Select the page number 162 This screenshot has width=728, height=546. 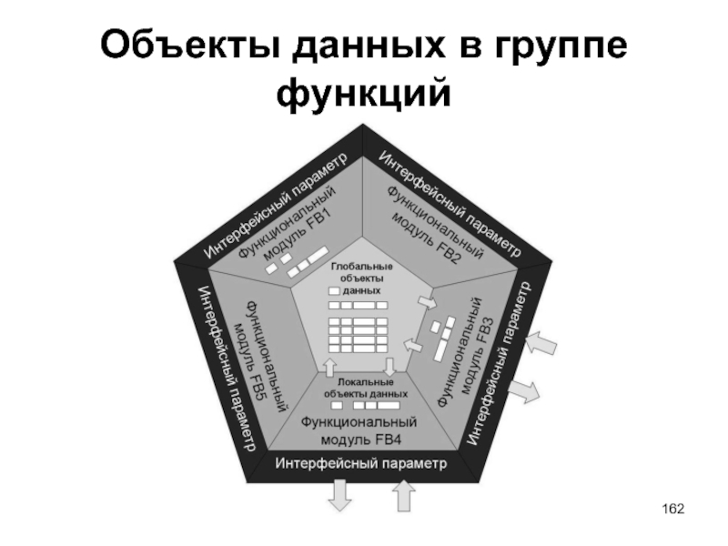672,507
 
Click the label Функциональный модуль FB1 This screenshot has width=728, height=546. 289,226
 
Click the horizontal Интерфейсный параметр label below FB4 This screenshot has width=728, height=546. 361,465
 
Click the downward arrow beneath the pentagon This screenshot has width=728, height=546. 339,494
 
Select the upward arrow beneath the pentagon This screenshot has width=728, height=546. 402,494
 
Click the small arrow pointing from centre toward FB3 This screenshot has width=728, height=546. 424,302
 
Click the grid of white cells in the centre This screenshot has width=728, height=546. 358,334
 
